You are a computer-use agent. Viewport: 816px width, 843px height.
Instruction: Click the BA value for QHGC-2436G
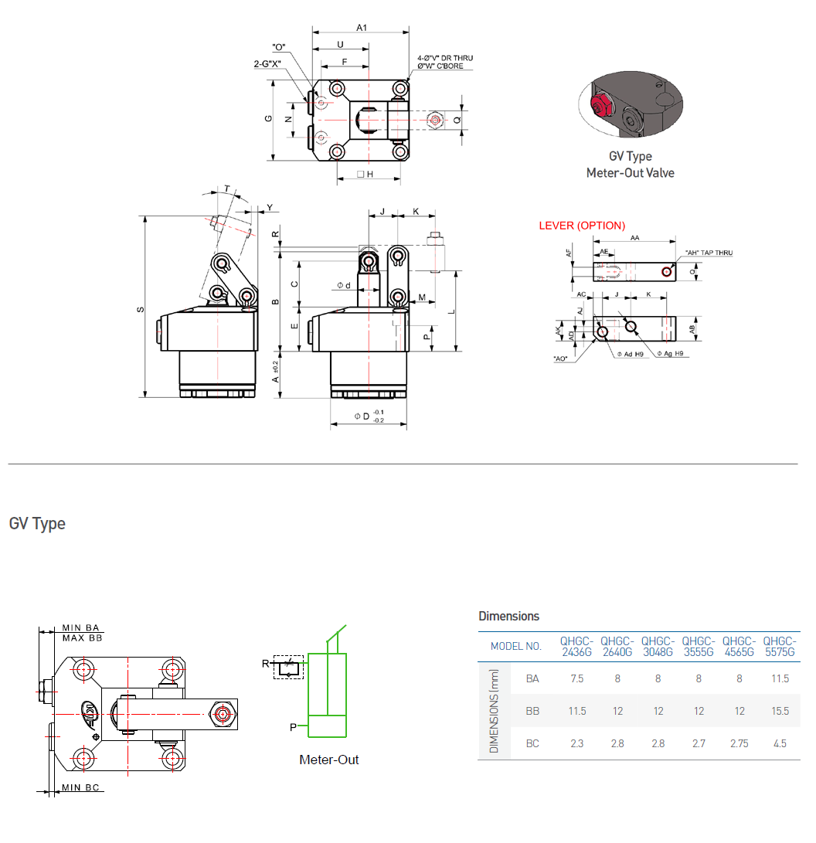coord(576,678)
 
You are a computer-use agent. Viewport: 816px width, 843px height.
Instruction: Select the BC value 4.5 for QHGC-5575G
coord(780,743)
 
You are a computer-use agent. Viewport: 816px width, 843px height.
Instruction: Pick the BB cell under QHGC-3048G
coord(658,711)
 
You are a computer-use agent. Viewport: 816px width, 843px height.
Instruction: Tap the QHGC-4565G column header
coord(739,647)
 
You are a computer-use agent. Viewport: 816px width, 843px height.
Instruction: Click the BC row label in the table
coord(532,743)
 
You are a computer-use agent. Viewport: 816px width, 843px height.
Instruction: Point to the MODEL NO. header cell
coord(516,647)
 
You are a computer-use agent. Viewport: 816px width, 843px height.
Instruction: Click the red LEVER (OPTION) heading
coord(582,226)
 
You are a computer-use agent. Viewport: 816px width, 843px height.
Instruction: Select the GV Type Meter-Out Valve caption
coord(630,165)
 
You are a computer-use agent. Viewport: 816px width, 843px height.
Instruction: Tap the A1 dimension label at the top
coord(362,28)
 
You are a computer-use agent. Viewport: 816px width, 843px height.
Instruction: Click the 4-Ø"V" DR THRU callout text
coord(445,58)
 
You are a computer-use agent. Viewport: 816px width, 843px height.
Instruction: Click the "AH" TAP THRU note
coord(709,253)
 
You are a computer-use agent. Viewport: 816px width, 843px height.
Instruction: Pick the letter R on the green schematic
coord(265,664)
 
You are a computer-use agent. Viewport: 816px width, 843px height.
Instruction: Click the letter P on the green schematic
coord(293,727)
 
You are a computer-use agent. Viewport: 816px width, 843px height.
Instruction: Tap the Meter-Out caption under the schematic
coord(329,760)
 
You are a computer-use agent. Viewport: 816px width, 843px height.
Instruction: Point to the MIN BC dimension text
coord(82,787)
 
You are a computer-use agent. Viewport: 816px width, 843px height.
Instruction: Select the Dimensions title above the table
coord(508,616)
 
